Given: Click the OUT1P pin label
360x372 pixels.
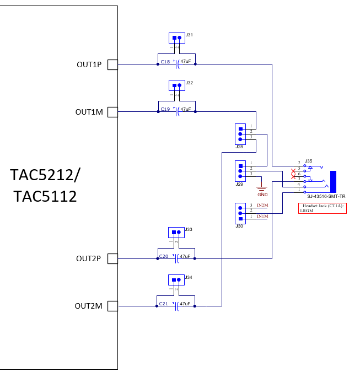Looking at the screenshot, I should pyautogui.click(x=89, y=65).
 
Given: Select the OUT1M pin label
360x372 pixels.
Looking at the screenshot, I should pyautogui.click(x=89, y=112).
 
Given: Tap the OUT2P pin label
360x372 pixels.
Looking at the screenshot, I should pyautogui.click(x=89, y=258).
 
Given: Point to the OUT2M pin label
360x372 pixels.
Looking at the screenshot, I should pyautogui.click(x=89, y=306).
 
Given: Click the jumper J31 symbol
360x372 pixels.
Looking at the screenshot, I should pyautogui.click(x=176, y=38).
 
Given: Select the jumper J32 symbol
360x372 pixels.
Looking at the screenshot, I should pyautogui.click(x=176, y=85).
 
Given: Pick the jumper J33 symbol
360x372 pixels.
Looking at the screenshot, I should pyautogui.click(x=176, y=232).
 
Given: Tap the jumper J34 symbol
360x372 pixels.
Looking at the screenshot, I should pyautogui.click(x=176, y=280).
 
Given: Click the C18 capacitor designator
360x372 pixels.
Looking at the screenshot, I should pyautogui.click(x=164, y=62).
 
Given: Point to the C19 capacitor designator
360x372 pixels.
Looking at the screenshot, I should pyautogui.click(x=164, y=109).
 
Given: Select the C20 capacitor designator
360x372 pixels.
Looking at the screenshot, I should pyautogui.click(x=164, y=256).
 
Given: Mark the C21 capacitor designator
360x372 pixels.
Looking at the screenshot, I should pyautogui.click(x=164, y=304).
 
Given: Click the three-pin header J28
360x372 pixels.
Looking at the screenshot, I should pyautogui.click(x=240, y=133).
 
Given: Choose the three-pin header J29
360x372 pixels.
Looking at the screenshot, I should pyautogui.click(x=240, y=170).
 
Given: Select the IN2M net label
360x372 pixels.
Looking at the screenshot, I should pyautogui.click(x=262, y=205).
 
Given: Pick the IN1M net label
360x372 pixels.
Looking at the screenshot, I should pyautogui.click(x=262, y=216).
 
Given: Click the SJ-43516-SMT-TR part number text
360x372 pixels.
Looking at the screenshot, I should pyautogui.click(x=326, y=196).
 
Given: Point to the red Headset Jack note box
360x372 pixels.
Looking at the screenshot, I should pyautogui.click(x=322, y=208).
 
